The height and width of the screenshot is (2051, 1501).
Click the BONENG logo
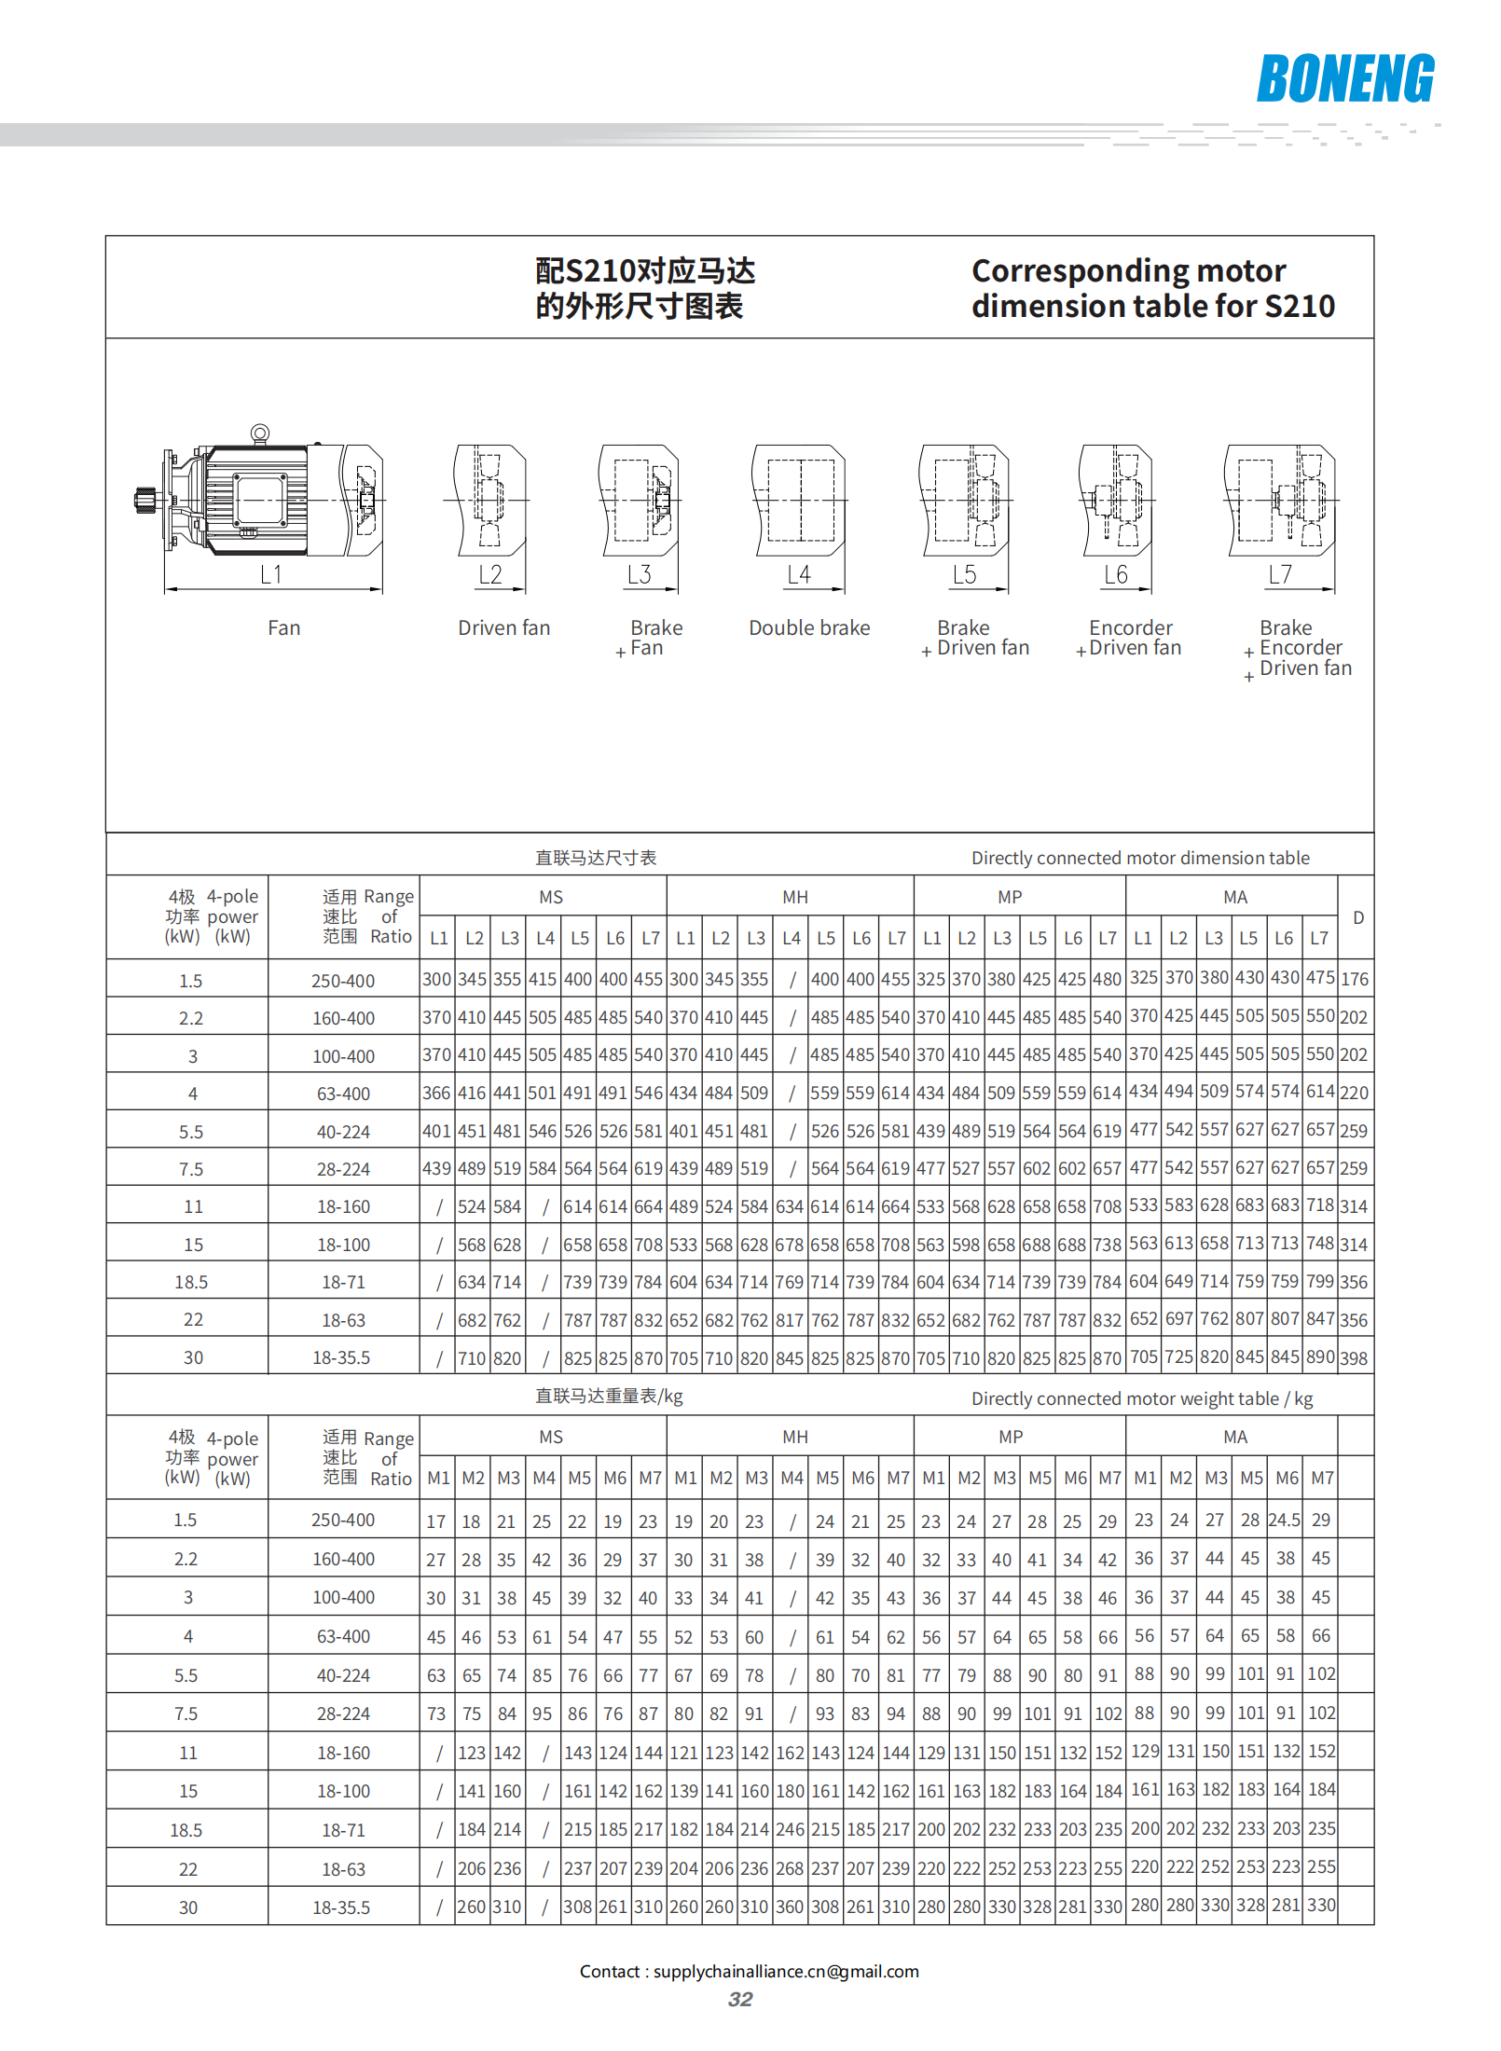coord(1344,78)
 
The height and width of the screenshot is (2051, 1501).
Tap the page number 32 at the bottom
coord(740,1999)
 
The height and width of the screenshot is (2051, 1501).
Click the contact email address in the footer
coord(786,1971)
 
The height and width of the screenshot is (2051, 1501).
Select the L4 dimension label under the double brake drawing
coord(798,574)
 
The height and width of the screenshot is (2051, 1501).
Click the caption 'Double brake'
coord(809,627)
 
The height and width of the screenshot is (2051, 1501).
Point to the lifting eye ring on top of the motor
coord(260,434)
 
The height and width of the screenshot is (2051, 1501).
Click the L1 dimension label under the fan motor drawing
coord(270,574)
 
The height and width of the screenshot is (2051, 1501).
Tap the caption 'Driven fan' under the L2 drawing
coord(503,627)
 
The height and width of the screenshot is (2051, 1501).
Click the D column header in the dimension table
coord(1357,917)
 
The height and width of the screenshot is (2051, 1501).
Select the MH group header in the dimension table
coord(794,897)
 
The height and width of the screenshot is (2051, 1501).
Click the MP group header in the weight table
coord(1010,1437)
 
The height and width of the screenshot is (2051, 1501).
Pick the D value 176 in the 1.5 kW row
coord(1354,979)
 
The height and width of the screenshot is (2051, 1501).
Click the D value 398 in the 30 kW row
coord(1354,1358)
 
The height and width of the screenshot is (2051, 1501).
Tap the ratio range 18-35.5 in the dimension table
coord(341,1357)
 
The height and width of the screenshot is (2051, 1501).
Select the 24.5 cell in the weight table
coord(1284,1520)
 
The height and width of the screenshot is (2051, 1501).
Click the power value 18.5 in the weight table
coord(186,1830)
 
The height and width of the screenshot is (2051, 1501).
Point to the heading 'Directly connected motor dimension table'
coord(1139,858)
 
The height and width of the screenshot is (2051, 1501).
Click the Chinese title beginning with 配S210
coord(644,288)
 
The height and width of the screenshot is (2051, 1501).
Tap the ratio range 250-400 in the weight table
coord(343,1520)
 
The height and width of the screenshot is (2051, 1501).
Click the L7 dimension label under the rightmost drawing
coord(1280,574)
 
